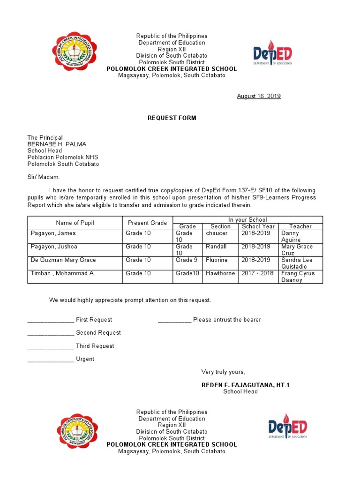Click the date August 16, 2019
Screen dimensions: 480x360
coord(258,96)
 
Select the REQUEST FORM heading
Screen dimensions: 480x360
coord(172,118)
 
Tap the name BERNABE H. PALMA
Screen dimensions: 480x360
coord(57,144)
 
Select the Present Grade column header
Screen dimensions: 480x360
coord(147,223)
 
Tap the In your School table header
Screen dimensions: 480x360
coord(247,219)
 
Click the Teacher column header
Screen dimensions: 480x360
coord(300,226)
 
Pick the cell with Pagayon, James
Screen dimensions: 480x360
coord(53,233)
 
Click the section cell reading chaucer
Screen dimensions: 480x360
coord(217,233)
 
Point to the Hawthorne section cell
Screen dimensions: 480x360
coord(220,273)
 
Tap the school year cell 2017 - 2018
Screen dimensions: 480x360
coord(257,273)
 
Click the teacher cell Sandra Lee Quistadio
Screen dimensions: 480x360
coord(297,263)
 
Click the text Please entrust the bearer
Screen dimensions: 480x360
coord(227,320)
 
